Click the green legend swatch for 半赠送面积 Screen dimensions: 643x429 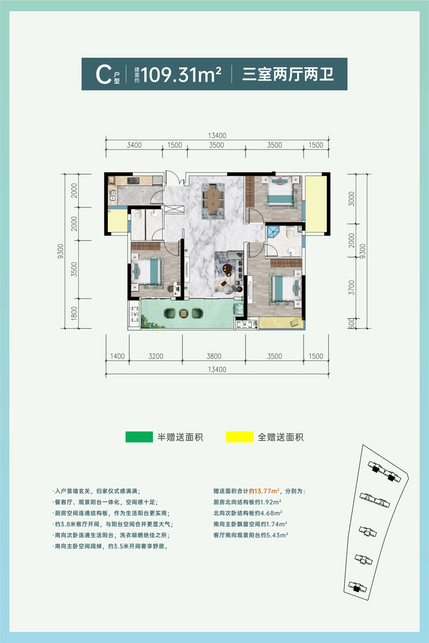(138, 437)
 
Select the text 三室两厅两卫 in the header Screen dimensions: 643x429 (288, 74)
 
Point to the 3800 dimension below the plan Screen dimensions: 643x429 (213, 355)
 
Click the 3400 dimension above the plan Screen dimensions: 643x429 (134, 145)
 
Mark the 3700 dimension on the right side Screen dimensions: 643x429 (351, 290)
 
